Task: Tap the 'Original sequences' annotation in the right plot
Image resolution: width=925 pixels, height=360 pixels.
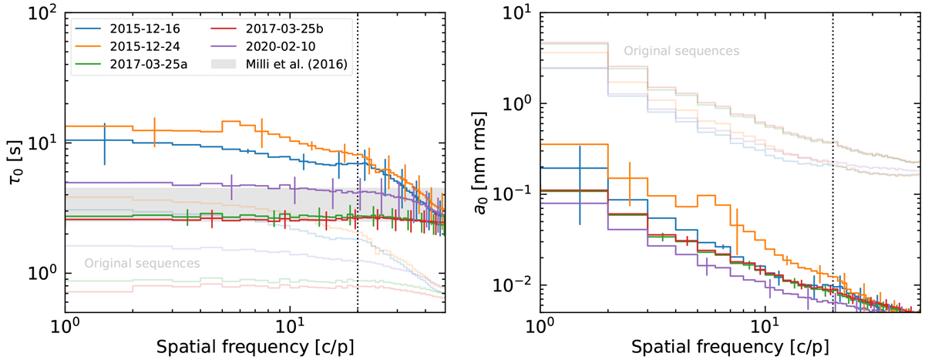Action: coord(681,51)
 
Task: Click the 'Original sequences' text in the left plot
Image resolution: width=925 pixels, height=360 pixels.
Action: coord(142,263)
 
